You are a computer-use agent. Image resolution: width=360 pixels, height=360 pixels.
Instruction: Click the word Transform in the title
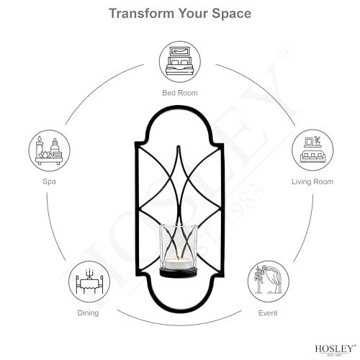coord(142,13)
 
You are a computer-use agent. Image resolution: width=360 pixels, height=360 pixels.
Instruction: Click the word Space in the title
coord(231,14)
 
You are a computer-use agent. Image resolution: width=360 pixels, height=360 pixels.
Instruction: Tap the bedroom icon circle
coord(180,62)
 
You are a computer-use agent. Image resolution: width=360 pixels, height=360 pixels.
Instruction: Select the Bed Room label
coord(180,93)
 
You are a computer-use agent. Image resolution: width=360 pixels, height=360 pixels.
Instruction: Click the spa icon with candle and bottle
coord(50,150)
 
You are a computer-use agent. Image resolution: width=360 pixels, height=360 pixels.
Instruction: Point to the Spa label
coord(49,181)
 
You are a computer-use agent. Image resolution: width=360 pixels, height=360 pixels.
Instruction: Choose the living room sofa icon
coord(312,150)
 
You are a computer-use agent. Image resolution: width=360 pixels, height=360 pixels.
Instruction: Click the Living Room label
coord(312,181)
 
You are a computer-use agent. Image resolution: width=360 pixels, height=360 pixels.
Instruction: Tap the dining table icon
coord(89,282)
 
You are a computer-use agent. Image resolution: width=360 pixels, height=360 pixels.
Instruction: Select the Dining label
coord(88,313)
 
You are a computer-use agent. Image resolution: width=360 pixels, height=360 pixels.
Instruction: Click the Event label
coord(268,313)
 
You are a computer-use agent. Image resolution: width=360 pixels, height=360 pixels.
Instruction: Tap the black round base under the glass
coord(179,273)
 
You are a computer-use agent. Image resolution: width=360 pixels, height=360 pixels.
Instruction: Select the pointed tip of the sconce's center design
coord(179,146)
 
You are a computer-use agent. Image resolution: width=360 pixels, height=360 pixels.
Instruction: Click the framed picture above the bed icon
coord(180,51)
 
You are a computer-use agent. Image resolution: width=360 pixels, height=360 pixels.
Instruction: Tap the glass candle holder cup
coord(179,247)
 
